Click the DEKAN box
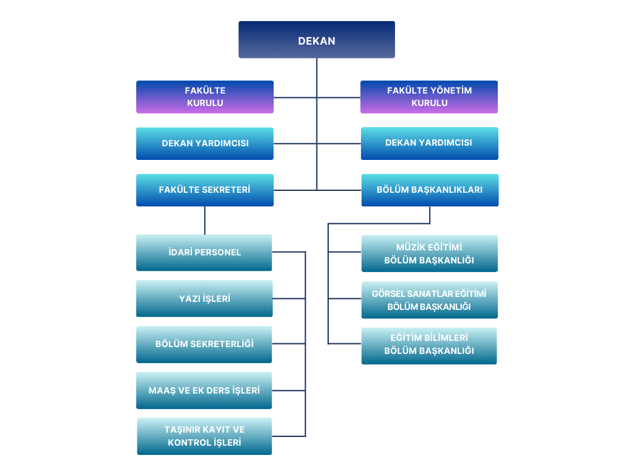click(x=316, y=40)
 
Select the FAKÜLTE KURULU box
click(x=205, y=97)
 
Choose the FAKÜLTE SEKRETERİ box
click(x=205, y=190)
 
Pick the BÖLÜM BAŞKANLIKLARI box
click(x=430, y=190)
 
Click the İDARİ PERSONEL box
click(x=204, y=252)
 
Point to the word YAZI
click(x=190, y=299)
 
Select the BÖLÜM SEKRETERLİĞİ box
click(x=204, y=344)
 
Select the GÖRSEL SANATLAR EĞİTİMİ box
click(x=429, y=300)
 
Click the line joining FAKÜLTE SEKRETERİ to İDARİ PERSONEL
click(x=205, y=220)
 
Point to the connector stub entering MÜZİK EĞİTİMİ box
click(x=345, y=252)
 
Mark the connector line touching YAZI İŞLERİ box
click(x=289, y=299)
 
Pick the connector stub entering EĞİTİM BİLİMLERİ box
click(x=345, y=343)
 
